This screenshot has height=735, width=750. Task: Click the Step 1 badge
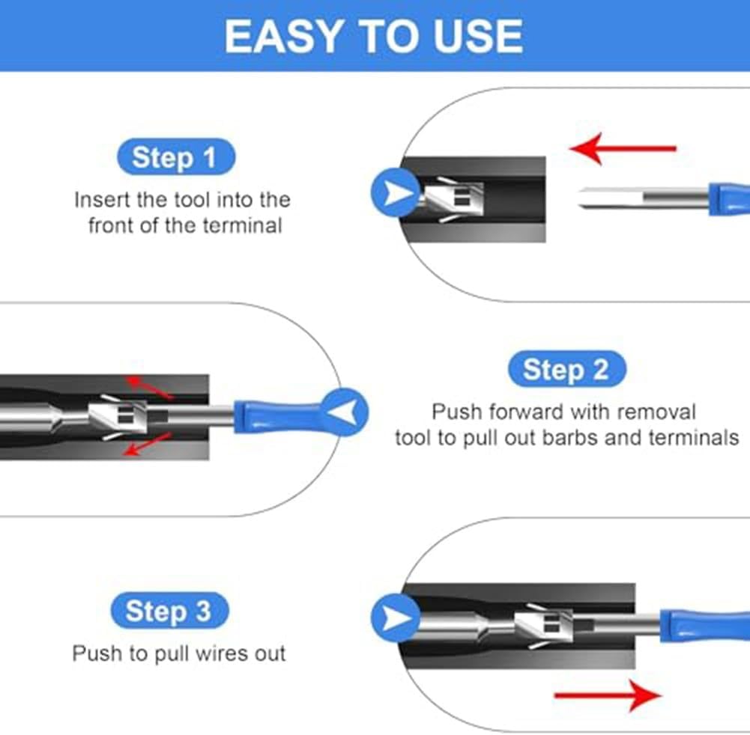[176, 156]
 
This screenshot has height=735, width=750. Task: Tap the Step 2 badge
[566, 369]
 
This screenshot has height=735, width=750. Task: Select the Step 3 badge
[170, 610]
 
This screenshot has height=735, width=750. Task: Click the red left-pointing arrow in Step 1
[623, 149]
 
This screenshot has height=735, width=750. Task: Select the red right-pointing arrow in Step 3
[608, 695]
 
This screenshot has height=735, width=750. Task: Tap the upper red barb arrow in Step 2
[149, 386]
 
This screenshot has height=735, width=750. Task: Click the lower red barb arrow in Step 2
[148, 444]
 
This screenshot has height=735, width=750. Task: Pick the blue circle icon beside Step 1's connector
[396, 192]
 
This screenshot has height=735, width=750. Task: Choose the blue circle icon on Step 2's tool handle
[345, 412]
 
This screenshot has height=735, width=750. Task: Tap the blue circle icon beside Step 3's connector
[396, 618]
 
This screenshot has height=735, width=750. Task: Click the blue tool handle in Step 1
[729, 199]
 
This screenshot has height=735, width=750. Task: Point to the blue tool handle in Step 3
[704, 626]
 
